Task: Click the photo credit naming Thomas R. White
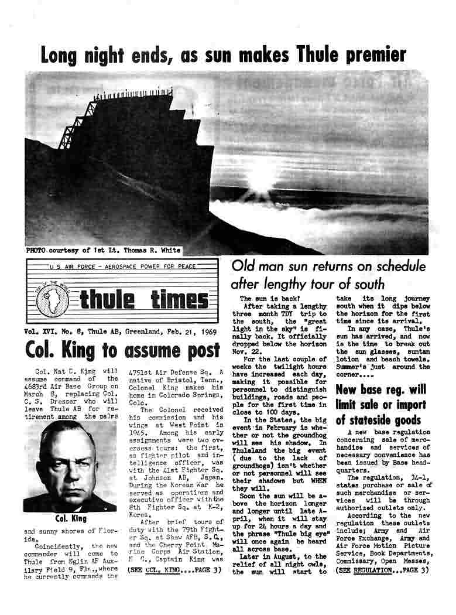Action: tap(103, 251)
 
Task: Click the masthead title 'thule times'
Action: tap(144, 300)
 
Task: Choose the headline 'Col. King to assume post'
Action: tap(122, 350)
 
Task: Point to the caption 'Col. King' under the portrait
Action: tap(70, 519)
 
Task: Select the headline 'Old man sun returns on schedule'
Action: tap(328, 266)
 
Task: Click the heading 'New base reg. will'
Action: tap(380, 389)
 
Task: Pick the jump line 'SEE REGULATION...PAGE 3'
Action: tap(382, 569)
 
